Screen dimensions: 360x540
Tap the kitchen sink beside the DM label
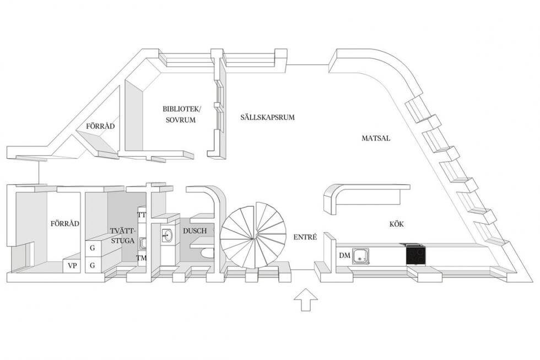click(x=361, y=256)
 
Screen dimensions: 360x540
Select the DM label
click(x=344, y=255)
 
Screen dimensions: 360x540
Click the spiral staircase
click(x=253, y=235)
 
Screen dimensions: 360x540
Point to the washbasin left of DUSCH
click(x=168, y=236)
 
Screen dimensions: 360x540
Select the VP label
click(x=72, y=266)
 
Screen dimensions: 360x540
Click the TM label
click(x=142, y=258)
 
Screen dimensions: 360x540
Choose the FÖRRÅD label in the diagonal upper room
click(x=100, y=126)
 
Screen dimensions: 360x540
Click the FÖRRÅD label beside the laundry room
click(x=65, y=223)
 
